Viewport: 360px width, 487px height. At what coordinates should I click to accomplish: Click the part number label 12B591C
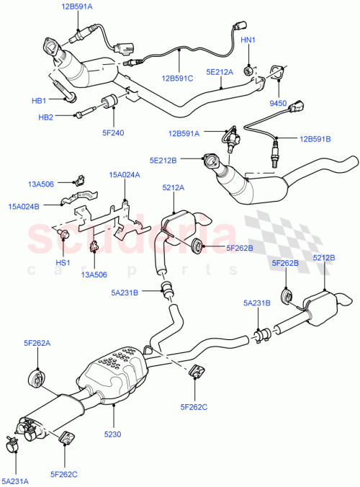177,77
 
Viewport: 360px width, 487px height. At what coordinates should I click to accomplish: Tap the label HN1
247,40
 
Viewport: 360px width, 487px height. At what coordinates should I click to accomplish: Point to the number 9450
277,104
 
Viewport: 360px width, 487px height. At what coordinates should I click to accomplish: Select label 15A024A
125,174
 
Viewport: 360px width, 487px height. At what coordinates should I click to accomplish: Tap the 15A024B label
24,207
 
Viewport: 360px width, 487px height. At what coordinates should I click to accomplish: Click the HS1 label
63,262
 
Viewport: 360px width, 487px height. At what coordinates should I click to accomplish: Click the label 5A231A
16,481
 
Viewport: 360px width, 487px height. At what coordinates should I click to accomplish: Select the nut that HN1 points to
247,70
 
